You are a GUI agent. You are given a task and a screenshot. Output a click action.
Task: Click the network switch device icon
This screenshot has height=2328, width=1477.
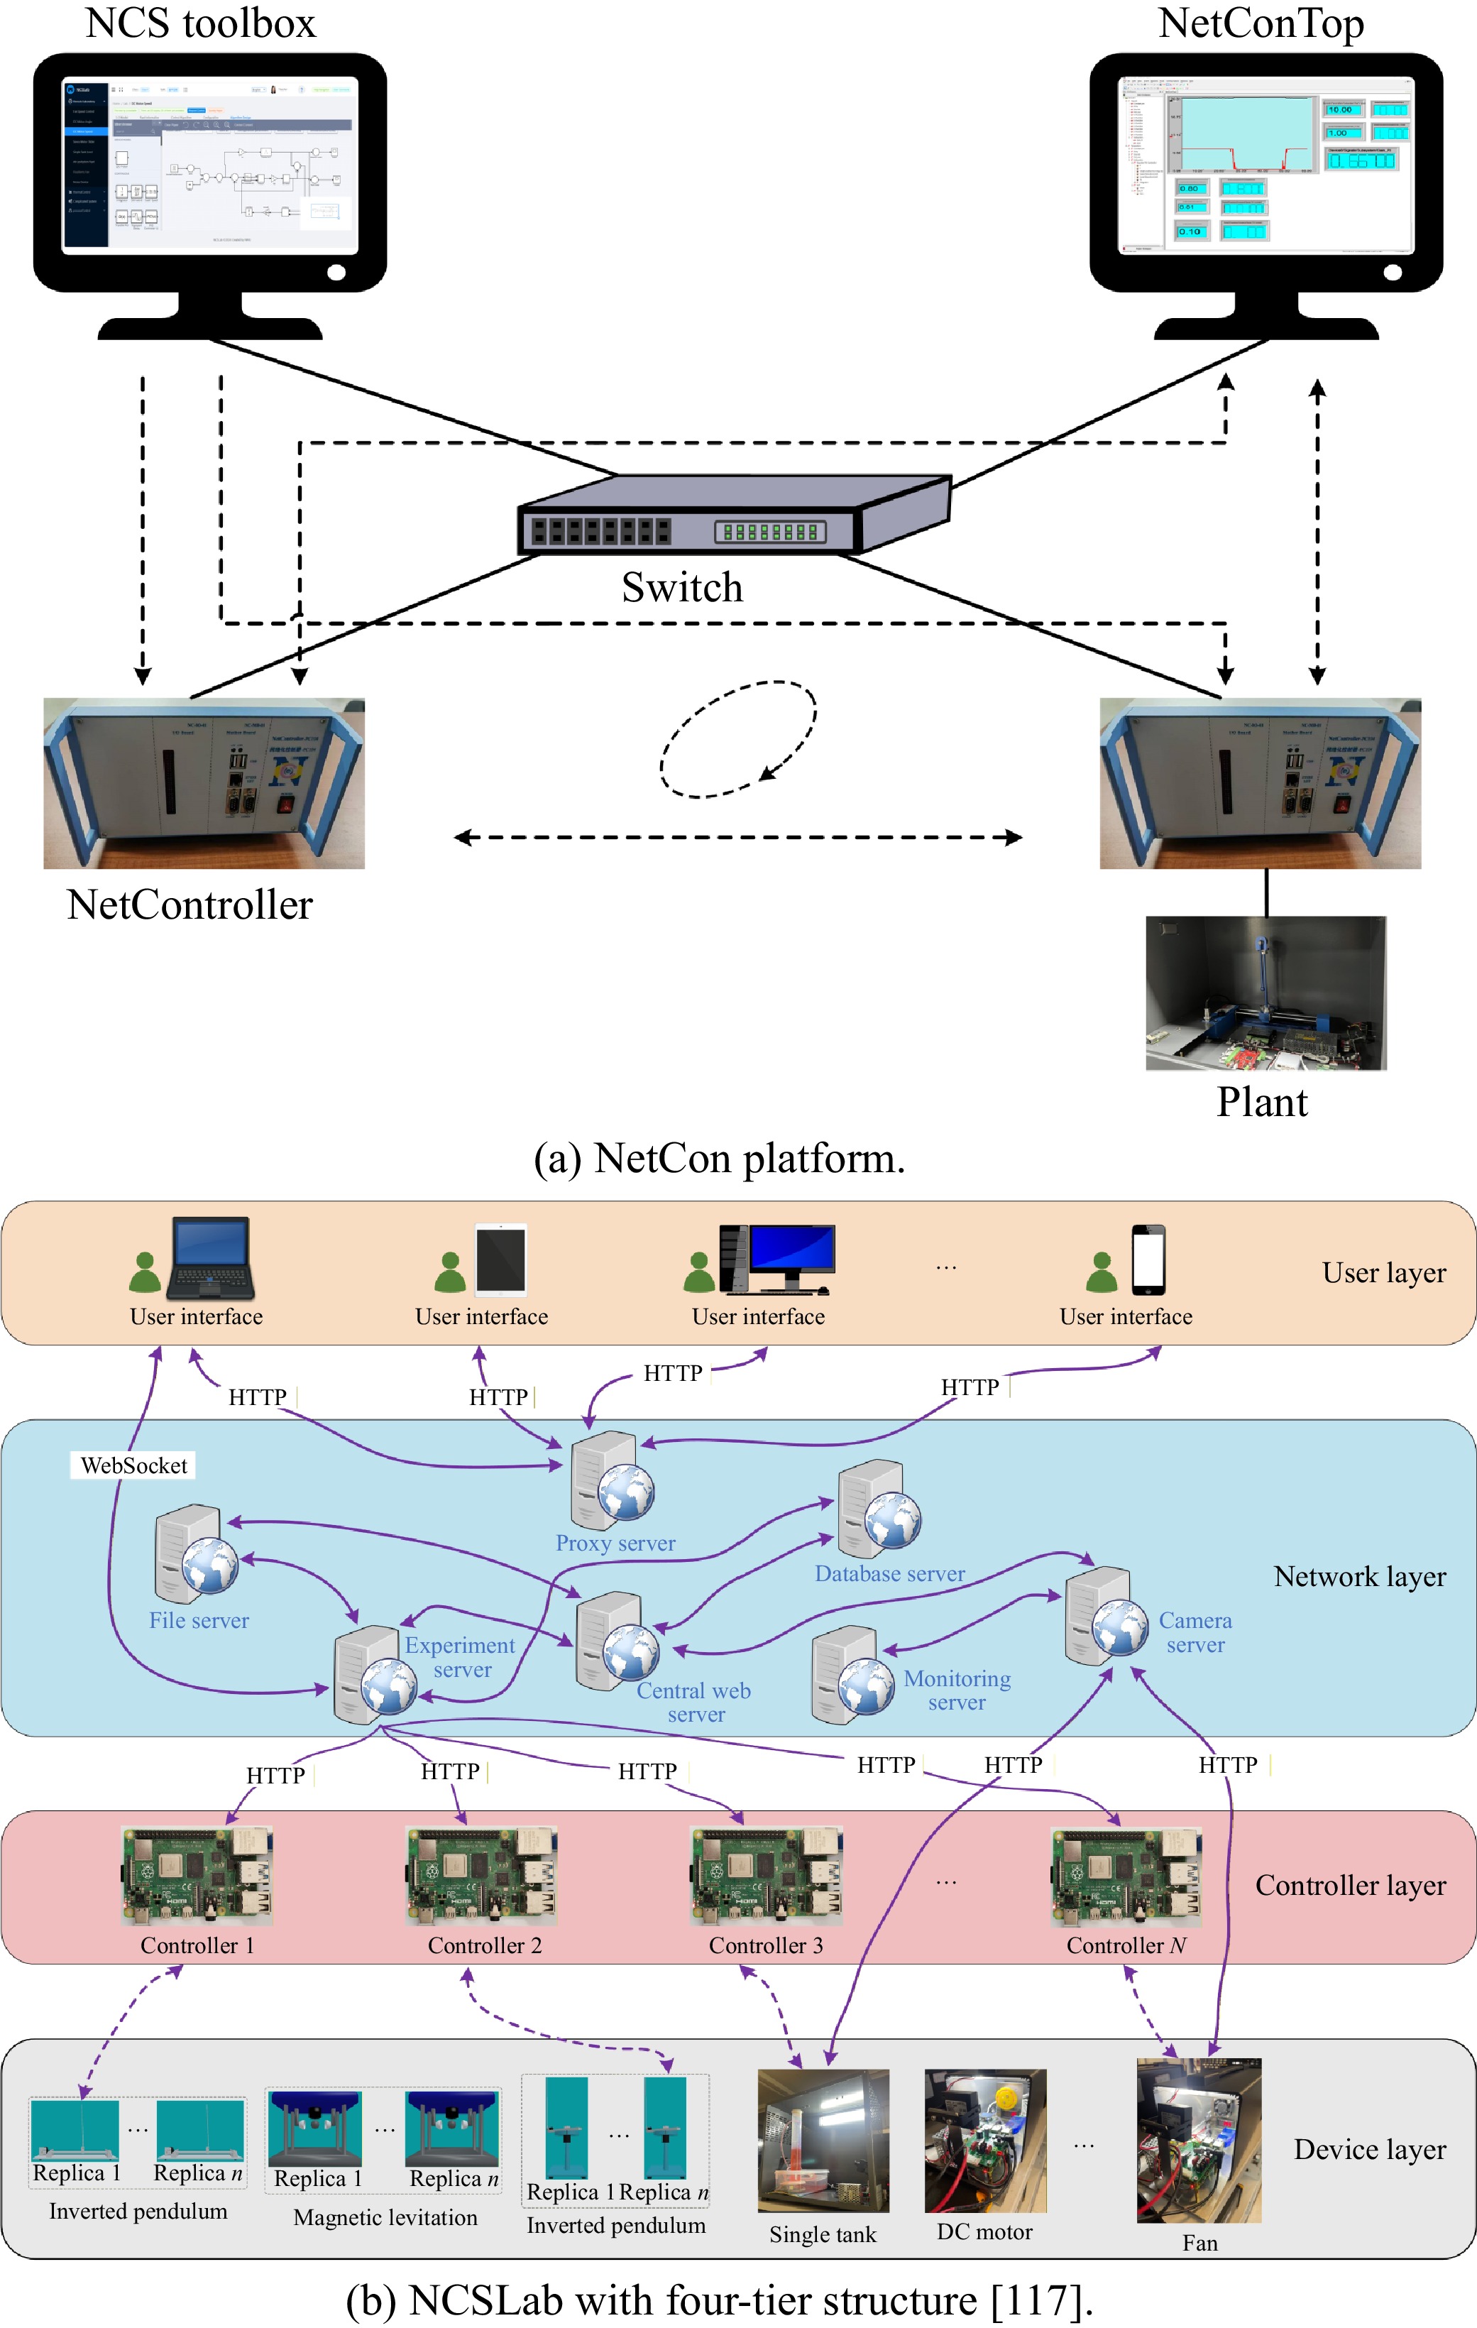click(735, 518)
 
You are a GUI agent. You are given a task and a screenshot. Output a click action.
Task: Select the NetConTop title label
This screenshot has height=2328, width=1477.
click(1261, 23)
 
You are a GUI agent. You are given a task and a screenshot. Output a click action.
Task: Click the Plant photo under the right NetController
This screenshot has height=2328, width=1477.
click(1265, 993)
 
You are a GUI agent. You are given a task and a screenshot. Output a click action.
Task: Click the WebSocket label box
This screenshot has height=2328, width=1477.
click(133, 1465)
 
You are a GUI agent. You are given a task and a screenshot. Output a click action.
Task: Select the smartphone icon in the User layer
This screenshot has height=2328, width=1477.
click(1148, 1259)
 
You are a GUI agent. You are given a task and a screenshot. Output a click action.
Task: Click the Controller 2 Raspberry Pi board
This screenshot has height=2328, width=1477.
click(481, 1876)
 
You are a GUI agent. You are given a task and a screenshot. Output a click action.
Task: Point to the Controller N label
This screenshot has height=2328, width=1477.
click(1125, 1945)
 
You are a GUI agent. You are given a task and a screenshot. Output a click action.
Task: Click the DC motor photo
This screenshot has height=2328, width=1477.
click(985, 2141)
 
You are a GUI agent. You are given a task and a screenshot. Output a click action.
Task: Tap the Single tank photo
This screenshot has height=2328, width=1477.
click(823, 2141)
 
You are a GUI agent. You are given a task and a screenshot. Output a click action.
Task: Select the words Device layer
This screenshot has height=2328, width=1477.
click(1370, 2149)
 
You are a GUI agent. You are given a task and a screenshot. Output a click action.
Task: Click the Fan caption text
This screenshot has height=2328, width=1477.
click(1199, 2243)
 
